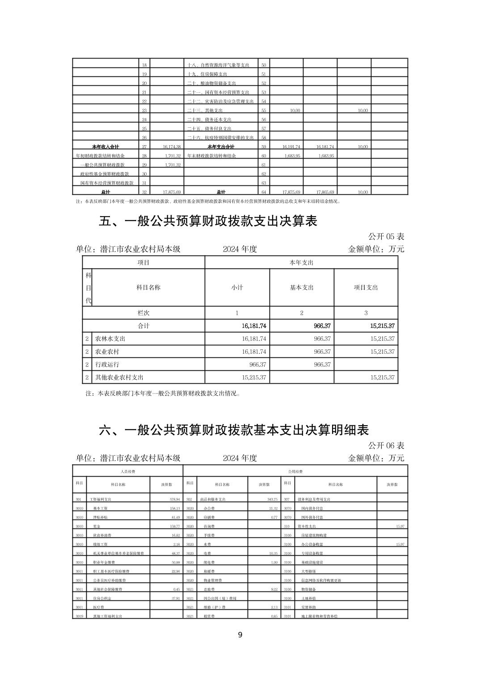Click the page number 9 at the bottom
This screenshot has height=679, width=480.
[x=240, y=635]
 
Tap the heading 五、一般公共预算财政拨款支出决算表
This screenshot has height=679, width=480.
[x=208, y=221]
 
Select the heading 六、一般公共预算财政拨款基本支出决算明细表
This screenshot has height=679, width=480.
[x=234, y=430]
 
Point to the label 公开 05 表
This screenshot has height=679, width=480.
[x=386, y=236]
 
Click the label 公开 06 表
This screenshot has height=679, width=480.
[x=386, y=445]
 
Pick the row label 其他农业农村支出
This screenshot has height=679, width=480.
[x=119, y=377]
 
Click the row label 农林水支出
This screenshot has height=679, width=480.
[x=110, y=339]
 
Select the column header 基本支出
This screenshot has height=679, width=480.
[x=302, y=287]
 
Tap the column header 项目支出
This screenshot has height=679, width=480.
[x=366, y=287]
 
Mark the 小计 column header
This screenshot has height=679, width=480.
[x=237, y=287]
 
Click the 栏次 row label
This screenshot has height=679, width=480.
[x=143, y=313]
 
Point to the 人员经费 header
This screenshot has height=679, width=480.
[x=128, y=471]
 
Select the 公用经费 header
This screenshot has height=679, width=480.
[x=295, y=471]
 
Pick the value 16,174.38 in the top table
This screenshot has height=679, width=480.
[x=172, y=147]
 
